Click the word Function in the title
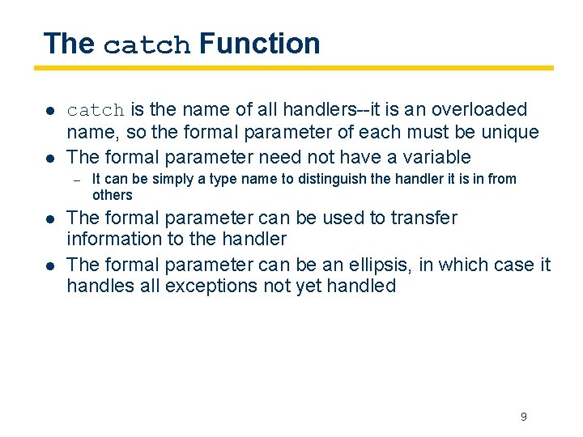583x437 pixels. [x=259, y=43]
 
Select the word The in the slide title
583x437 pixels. [x=69, y=43]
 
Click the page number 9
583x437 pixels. [x=523, y=417]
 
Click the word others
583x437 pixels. [x=112, y=195]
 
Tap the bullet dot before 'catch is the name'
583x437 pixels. [x=49, y=110]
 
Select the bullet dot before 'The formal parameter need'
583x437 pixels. [x=49, y=157]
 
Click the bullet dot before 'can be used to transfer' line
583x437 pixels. [x=49, y=218]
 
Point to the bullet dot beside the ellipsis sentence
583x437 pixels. [x=49, y=265]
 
